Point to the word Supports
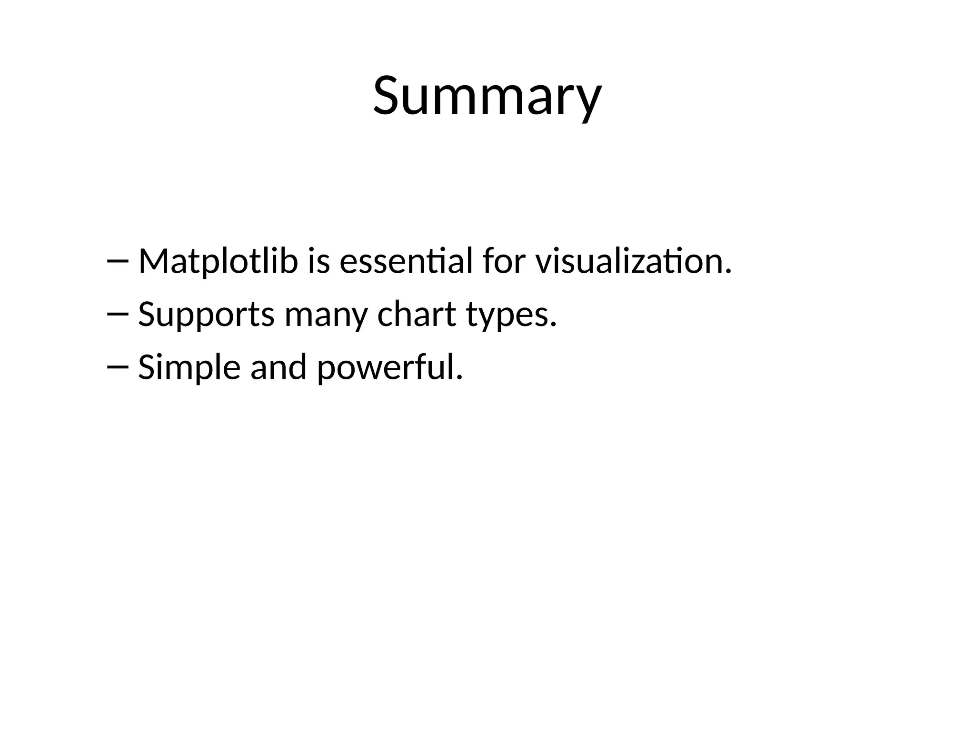point(206,315)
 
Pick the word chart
point(417,315)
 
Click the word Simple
point(189,368)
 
